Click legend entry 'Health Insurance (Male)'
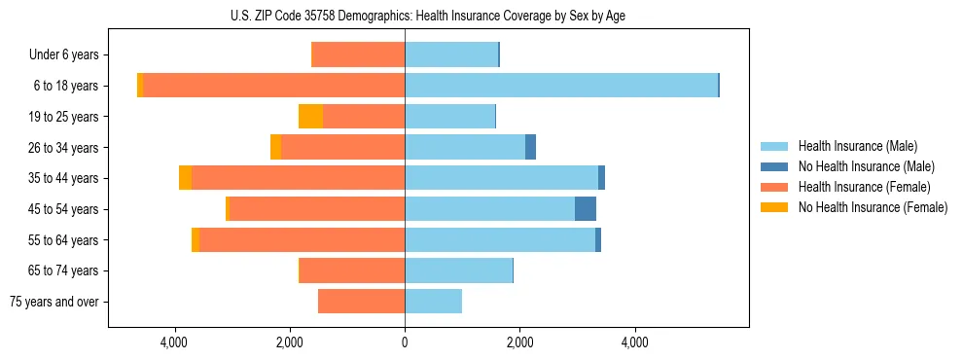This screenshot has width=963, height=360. coord(857,146)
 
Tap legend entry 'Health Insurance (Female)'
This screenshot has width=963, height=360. coord(864,187)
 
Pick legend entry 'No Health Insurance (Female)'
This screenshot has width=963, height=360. coord(873,207)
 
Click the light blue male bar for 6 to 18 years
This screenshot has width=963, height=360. coord(561,86)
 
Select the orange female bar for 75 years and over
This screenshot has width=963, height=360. coord(361,302)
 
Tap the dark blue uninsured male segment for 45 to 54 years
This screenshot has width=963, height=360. coord(586,209)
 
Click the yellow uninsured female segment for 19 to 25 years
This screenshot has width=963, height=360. coord(310,117)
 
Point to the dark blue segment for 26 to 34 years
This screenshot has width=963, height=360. coord(530,148)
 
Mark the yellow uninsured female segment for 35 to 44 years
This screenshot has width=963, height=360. coord(185,178)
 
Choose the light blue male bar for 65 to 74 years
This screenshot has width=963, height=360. coord(458,270)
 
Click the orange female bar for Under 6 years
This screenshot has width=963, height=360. coord(358,54)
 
